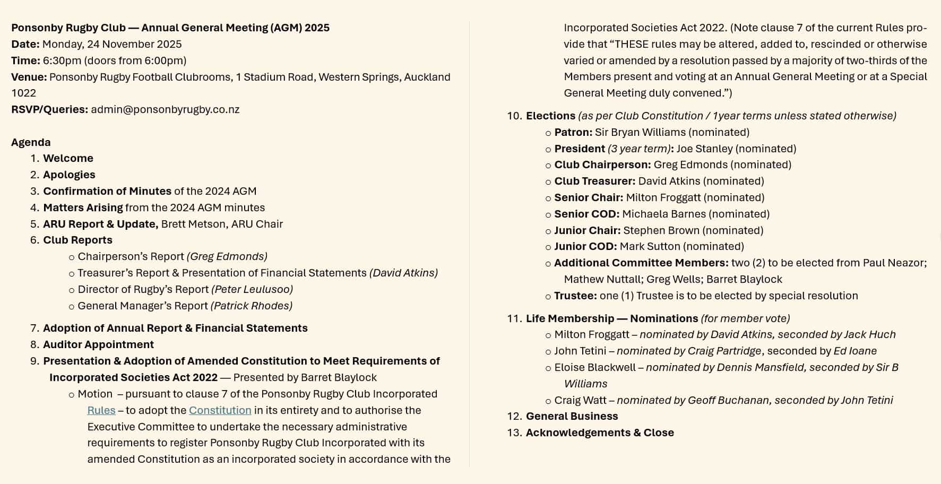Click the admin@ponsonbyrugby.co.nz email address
click(x=165, y=110)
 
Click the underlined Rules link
click(x=101, y=410)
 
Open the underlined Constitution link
click(x=220, y=410)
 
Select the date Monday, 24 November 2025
click(x=112, y=45)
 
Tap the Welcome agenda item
click(x=68, y=159)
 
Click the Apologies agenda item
click(x=69, y=175)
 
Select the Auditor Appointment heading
click(x=98, y=345)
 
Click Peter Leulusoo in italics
click(x=252, y=290)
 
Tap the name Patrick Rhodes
click(x=252, y=306)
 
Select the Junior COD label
click(x=585, y=247)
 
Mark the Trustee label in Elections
click(x=575, y=296)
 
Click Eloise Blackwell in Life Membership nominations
click(x=594, y=368)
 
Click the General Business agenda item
click(x=572, y=417)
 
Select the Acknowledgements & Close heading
click(x=600, y=433)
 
